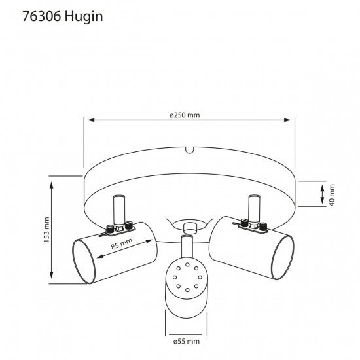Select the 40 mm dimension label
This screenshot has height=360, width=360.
point(332,194)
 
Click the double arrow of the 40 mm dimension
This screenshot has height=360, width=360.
point(322,194)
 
